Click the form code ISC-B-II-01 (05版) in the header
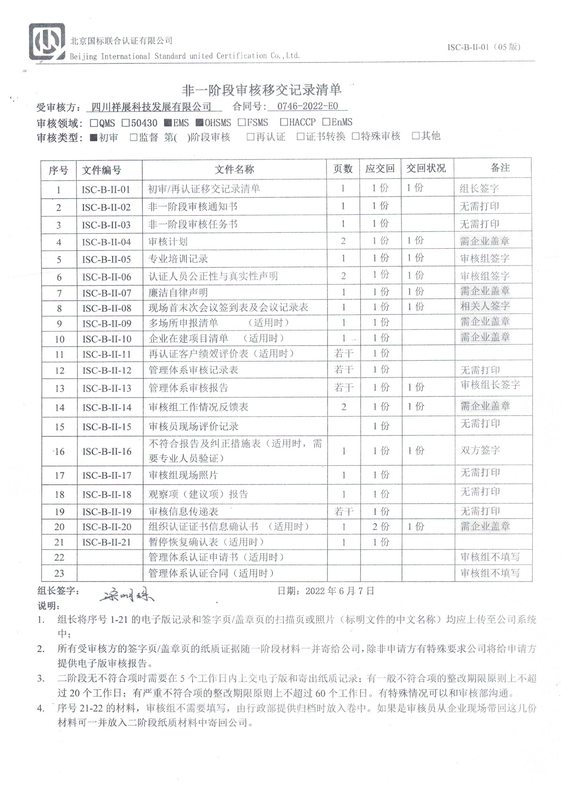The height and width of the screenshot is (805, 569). (x=484, y=47)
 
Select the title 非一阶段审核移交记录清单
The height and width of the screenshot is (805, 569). (x=262, y=91)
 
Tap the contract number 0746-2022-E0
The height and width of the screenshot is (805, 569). (x=307, y=106)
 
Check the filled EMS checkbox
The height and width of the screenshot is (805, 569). (x=168, y=123)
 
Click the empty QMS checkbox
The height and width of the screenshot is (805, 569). (x=94, y=123)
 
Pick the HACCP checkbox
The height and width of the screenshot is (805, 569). (x=284, y=122)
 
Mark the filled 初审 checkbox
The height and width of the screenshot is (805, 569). (x=94, y=137)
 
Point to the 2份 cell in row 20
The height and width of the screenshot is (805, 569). (x=380, y=526)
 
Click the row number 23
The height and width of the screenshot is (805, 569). (x=59, y=573)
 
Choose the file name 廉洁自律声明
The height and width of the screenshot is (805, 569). (x=178, y=292)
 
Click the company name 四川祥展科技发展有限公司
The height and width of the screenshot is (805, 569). (x=151, y=107)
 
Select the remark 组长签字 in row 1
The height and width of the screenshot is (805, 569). (x=479, y=189)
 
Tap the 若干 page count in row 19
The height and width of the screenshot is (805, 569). (x=343, y=511)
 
